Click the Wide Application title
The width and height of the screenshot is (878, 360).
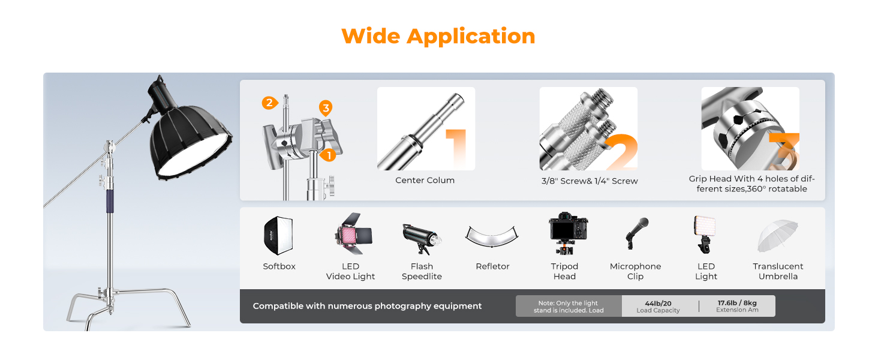438,37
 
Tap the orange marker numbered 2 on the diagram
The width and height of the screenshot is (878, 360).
270,103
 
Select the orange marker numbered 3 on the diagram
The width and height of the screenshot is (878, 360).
326,108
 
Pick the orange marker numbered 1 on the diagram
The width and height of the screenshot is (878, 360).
329,155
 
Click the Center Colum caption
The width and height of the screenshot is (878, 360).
425,181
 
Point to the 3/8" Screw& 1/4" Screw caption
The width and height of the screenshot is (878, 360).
590,181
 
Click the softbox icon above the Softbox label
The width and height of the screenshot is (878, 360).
279,235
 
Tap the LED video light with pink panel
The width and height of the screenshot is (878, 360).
353,234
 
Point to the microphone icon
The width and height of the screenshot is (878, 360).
636,233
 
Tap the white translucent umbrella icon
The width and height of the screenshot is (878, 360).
778,235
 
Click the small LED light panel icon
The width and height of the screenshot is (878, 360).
705,234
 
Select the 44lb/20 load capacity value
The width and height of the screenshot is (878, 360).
658,303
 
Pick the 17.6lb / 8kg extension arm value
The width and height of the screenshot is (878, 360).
737,303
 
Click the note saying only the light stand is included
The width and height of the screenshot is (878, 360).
569,306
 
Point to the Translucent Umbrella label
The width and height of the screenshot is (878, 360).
778,271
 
